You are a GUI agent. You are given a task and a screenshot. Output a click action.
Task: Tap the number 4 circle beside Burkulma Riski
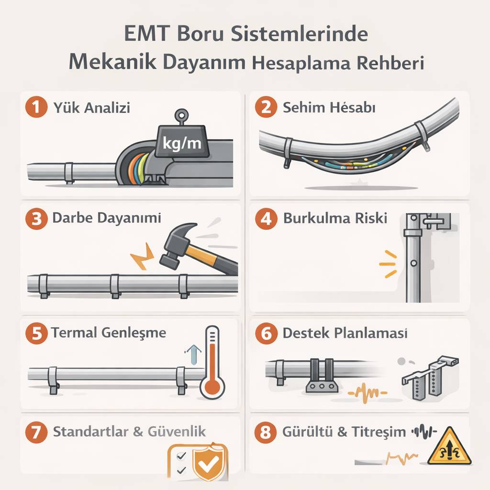(x=267, y=218)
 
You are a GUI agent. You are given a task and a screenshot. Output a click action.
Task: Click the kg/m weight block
(x=182, y=142)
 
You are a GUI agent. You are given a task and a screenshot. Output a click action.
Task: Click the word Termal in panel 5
(x=73, y=332)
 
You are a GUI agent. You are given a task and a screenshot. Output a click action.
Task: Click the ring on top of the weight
(x=181, y=115)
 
